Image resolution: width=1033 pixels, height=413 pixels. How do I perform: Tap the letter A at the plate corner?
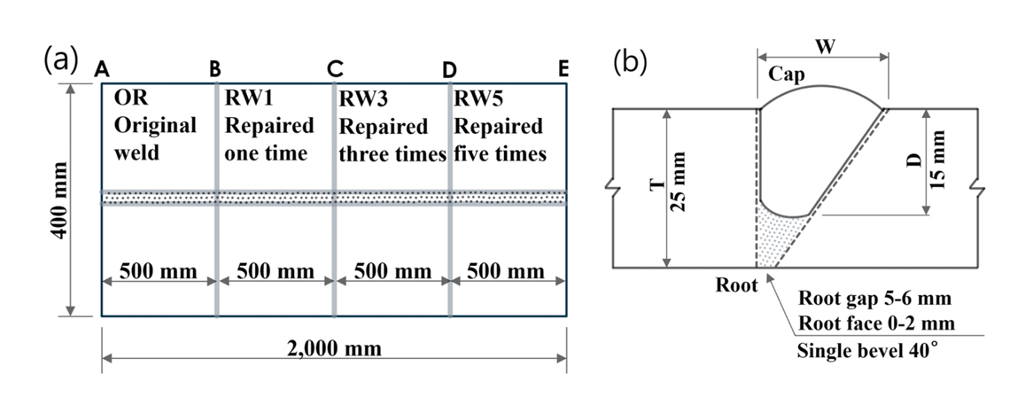coord(102,68)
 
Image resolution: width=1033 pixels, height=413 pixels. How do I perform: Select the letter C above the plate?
coord(335,68)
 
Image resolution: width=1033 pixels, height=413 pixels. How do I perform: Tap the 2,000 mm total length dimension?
coord(335,348)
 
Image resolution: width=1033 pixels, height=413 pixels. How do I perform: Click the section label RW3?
coord(364,97)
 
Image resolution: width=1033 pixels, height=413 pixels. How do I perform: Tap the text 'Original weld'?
coord(155,138)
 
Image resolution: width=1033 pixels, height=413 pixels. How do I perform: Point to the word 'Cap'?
coord(787,74)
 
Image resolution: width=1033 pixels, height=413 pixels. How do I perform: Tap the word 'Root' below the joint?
coord(737,285)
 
